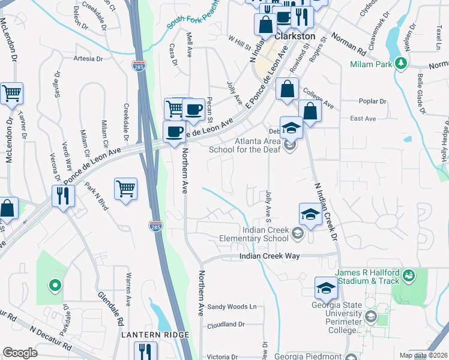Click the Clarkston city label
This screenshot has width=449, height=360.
click(x=295, y=36)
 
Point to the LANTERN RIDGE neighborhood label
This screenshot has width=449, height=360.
click(x=156, y=334)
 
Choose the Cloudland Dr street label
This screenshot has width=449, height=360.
click(x=226, y=324)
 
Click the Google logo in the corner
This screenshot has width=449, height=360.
click(x=20, y=353)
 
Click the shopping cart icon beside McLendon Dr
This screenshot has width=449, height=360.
click(x=12, y=93)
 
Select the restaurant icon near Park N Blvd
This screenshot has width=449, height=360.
click(x=62, y=194)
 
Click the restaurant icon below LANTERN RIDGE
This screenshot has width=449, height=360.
click(x=145, y=350)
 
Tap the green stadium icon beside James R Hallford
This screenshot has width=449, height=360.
click(x=409, y=275)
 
